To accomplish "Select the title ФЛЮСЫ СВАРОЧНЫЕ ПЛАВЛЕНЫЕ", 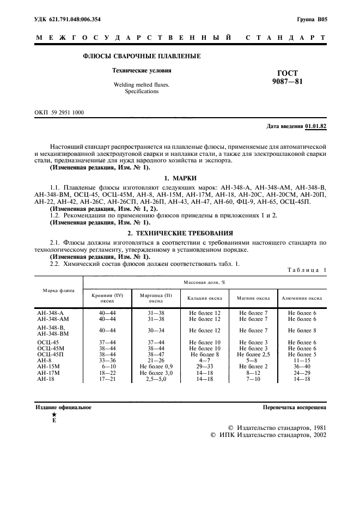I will click(x=142, y=56).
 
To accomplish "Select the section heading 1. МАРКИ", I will click(x=180, y=178).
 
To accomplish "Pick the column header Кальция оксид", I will click(x=205, y=298).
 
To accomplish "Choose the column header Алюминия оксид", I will click(x=302, y=298).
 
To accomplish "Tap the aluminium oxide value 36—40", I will click(x=302, y=367).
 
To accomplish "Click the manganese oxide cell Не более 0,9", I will click(x=156, y=367).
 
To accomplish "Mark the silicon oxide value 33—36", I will click(x=107, y=361).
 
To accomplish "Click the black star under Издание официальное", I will click(x=53, y=415).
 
